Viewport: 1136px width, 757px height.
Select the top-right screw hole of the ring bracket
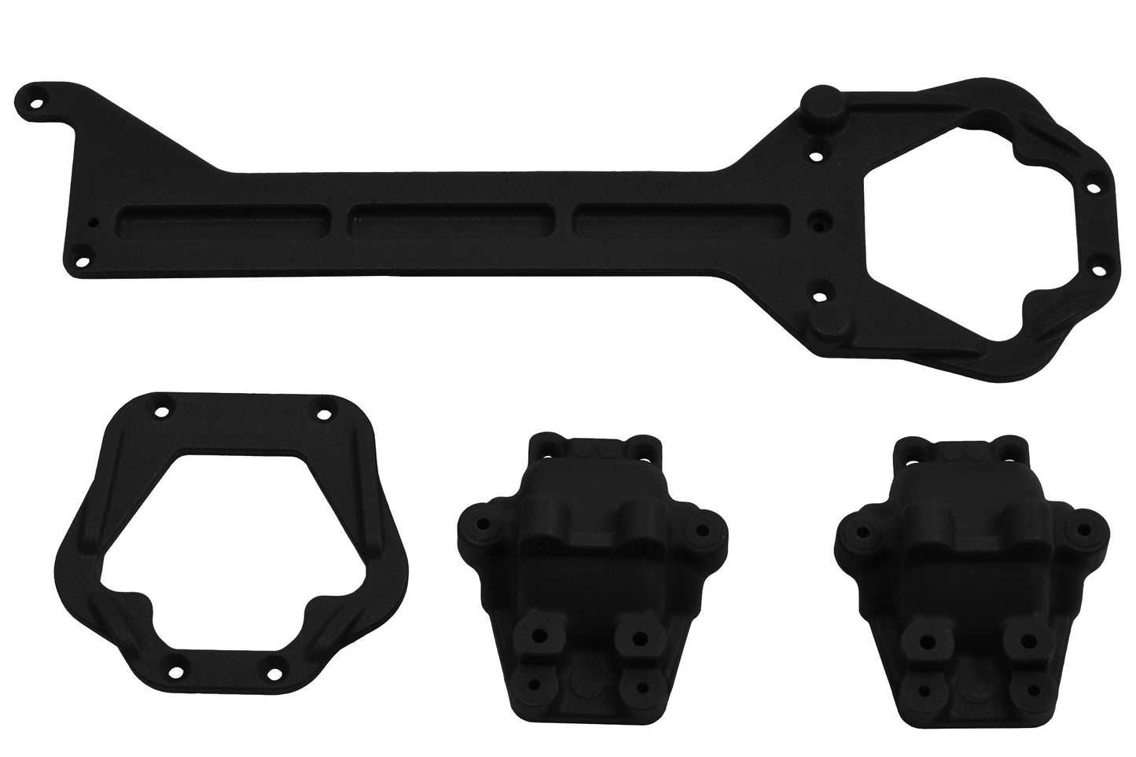click(324, 413)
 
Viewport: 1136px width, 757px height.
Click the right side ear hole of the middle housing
click(696, 530)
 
